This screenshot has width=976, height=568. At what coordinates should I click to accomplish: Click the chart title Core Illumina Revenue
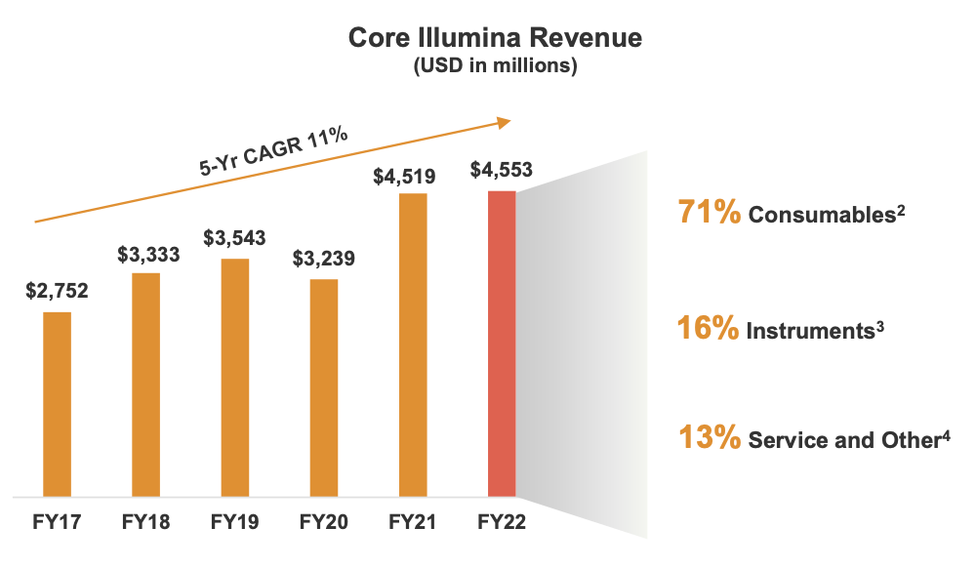(496, 38)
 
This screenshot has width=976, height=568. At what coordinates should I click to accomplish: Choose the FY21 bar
(413, 344)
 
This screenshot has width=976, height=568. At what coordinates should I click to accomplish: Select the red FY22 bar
(502, 343)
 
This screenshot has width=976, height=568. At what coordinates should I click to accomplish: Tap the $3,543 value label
(235, 238)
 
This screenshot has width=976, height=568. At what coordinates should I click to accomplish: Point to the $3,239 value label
(324, 259)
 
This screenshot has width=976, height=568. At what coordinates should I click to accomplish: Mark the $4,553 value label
(502, 170)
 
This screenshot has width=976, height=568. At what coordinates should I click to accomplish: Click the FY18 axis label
(146, 522)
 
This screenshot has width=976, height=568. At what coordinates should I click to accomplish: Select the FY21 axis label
(413, 522)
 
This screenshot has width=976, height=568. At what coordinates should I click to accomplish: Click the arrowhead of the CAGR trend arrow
(505, 121)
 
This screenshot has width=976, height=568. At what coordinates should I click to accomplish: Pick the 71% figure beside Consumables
(709, 212)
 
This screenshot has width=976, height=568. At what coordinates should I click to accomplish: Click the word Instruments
(809, 331)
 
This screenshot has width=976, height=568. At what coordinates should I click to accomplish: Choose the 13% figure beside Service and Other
(709, 437)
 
